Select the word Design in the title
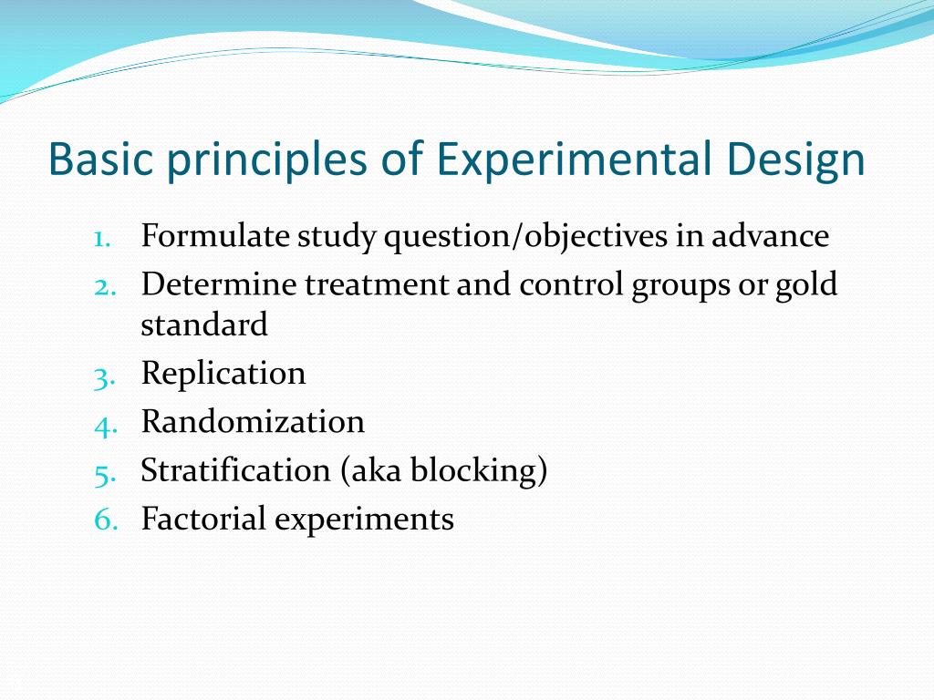tap(796, 160)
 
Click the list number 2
tap(103, 285)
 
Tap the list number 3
tap(103, 375)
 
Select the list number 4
tap(103, 423)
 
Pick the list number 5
tap(103, 471)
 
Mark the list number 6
tap(103, 520)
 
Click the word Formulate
tap(215, 237)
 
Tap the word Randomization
tap(253, 422)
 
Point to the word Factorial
tap(203, 519)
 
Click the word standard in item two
tap(204, 324)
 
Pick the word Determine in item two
tap(219, 285)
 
